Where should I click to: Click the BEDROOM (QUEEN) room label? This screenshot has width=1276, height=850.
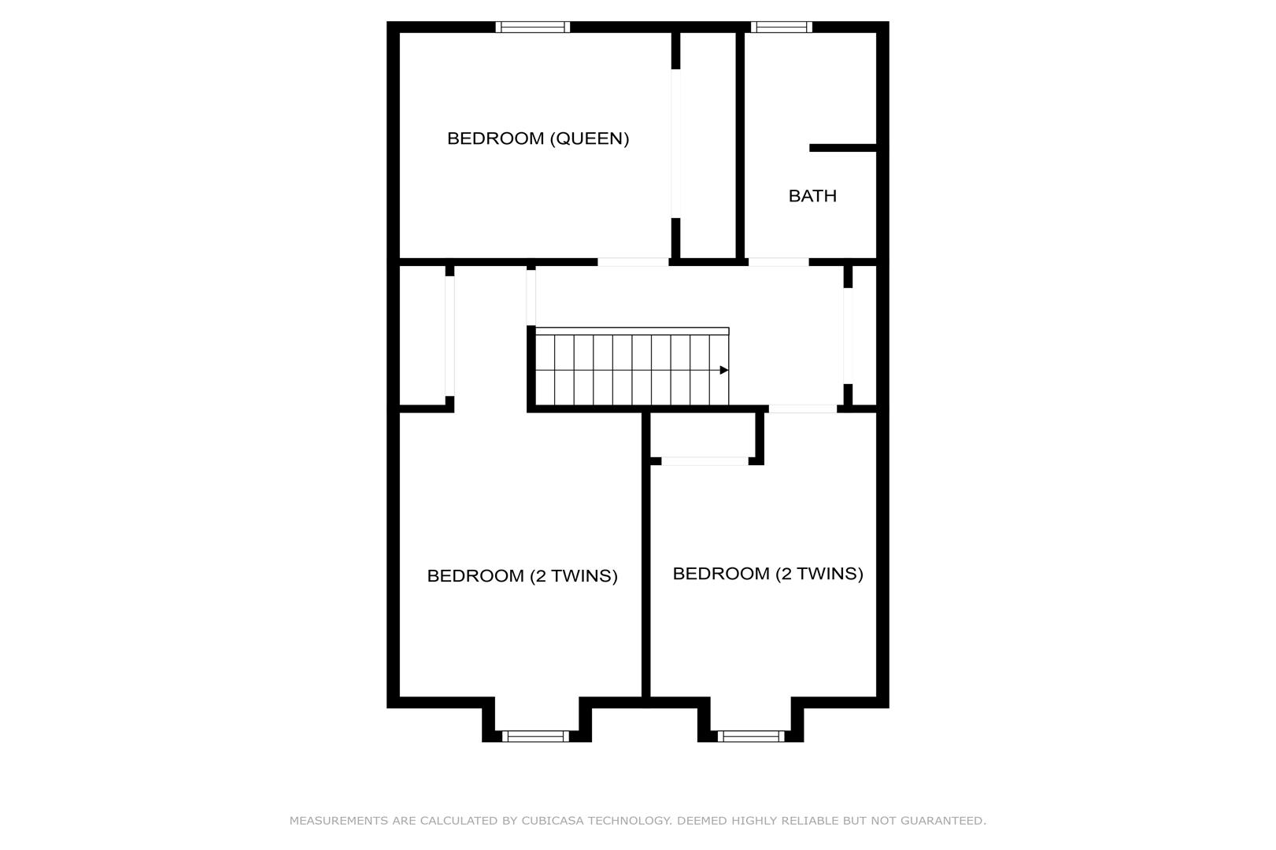click(x=538, y=139)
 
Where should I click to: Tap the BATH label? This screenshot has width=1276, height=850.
click(x=812, y=196)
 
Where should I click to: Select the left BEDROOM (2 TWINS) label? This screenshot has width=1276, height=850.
click(x=523, y=576)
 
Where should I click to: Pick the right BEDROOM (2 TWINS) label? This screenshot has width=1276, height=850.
click(x=767, y=574)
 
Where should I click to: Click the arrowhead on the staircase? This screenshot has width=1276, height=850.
click(x=724, y=371)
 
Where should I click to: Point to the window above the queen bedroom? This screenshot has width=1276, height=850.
click(x=533, y=27)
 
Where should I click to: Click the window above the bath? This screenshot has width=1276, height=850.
click(x=782, y=27)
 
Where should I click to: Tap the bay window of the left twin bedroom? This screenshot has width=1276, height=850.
click(x=535, y=736)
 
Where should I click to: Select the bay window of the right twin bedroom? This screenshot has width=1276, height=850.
click(x=751, y=736)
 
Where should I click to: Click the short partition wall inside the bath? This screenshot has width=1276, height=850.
click(x=842, y=148)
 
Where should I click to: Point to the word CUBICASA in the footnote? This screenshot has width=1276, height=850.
click(x=552, y=820)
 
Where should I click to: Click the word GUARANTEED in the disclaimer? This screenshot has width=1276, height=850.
click(x=943, y=820)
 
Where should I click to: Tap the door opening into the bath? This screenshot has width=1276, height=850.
click(x=779, y=262)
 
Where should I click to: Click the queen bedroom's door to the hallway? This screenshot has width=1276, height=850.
click(x=633, y=262)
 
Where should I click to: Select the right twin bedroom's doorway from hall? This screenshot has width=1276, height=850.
click(x=803, y=408)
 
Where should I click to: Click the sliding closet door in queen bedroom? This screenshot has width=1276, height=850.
click(x=675, y=143)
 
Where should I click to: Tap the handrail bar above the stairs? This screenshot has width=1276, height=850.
click(x=632, y=331)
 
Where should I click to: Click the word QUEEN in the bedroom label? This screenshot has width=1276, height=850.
click(x=589, y=139)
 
